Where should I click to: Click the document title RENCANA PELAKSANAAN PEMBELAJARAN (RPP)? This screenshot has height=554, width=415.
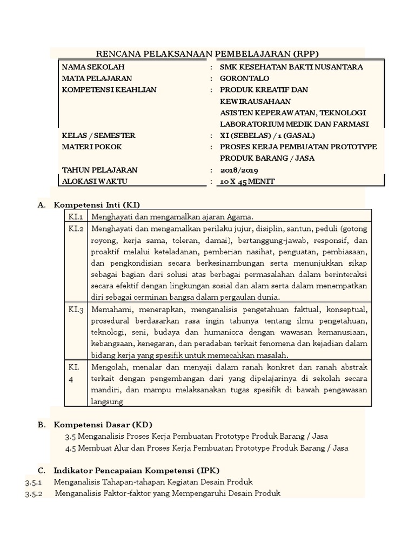207,53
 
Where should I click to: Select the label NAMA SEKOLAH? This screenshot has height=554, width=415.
93,67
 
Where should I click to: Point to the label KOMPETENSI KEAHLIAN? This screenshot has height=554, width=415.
109,90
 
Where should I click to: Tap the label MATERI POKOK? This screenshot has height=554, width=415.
92,147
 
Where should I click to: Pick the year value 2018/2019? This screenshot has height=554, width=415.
239,170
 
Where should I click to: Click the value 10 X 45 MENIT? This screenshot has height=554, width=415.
247,181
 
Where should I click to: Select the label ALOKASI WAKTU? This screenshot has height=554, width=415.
95,181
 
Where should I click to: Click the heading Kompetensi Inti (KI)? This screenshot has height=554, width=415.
97,205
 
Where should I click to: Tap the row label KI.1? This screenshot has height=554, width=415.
75,216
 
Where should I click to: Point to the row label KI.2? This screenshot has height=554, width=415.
76,228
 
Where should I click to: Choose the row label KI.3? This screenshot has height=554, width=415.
76,310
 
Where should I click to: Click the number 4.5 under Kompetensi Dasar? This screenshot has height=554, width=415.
70,448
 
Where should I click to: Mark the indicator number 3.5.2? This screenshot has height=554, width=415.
34,493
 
